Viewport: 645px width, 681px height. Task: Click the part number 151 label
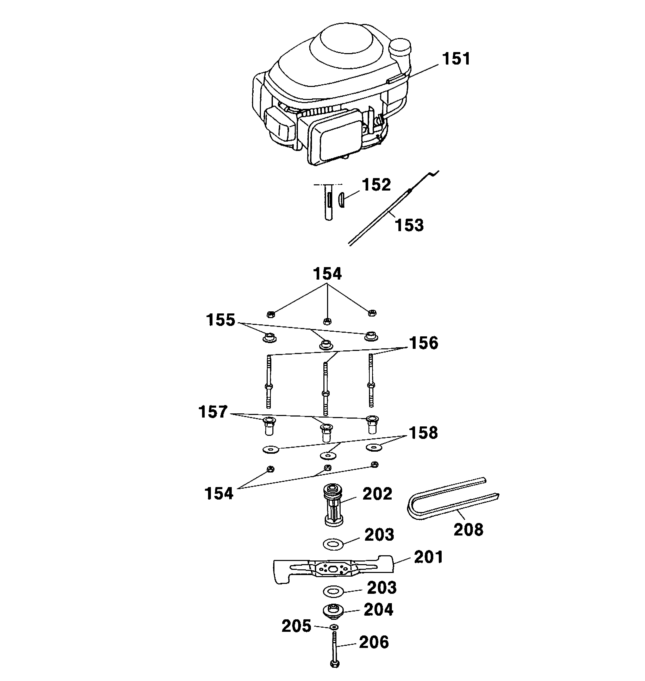(x=456, y=59)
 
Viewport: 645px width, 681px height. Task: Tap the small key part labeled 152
(x=340, y=199)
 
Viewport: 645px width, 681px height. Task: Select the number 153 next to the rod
(x=409, y=225)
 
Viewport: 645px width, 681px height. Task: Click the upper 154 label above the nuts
(x=327, y=274)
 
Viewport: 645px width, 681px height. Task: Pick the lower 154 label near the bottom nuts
(x=219, y=494)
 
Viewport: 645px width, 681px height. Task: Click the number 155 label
(x=220, y=320)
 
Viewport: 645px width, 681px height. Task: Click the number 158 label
(x=423, y=433)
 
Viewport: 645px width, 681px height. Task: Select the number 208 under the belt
(x=468, y=529)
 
